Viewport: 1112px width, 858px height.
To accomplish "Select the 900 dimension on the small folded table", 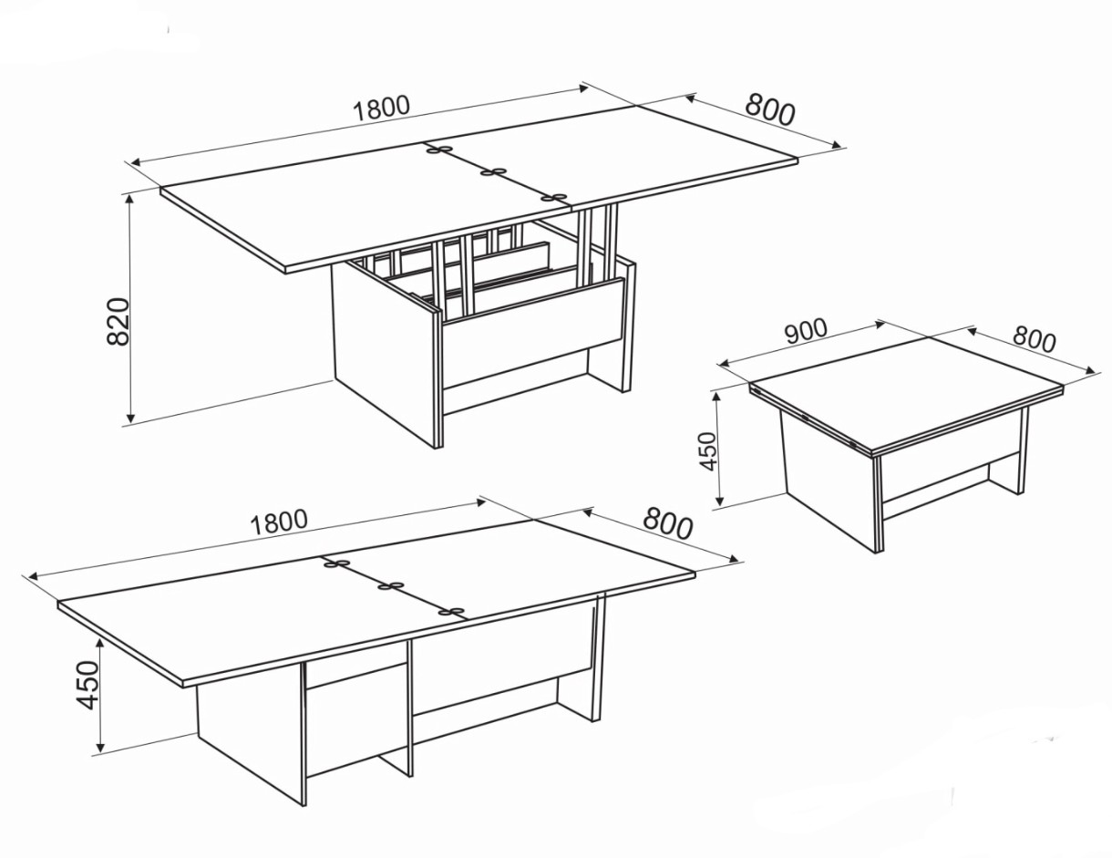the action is [806, 332].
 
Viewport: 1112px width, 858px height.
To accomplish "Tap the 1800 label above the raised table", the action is [382, 108].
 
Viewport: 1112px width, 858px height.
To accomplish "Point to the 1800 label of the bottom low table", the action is [280, 522].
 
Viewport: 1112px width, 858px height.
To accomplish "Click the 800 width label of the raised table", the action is [771, 109].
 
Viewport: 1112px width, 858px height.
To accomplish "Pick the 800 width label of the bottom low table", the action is [668, 522].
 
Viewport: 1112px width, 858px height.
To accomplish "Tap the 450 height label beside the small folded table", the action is [709, 450].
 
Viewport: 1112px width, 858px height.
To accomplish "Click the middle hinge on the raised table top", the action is [493, 172].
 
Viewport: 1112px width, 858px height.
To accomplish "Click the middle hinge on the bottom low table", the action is [390, 585].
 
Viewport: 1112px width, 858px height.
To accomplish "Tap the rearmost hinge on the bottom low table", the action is [336, 563].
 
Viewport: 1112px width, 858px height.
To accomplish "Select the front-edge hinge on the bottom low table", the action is [451, 611].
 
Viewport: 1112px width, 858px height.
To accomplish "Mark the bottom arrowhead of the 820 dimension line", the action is [130, 418].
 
